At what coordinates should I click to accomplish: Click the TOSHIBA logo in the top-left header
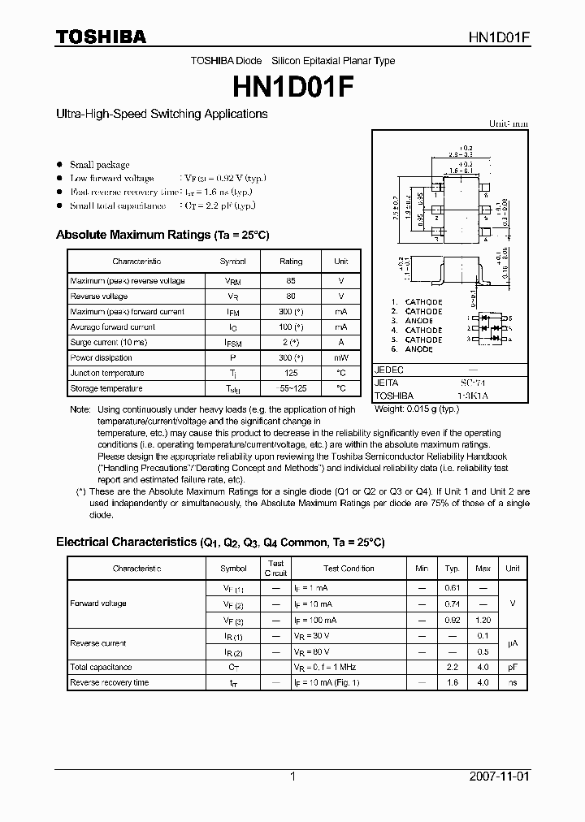tap(101, 37)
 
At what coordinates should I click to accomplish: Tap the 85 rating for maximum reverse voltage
tap(290, 281)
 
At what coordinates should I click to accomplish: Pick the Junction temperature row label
tap(107, 374)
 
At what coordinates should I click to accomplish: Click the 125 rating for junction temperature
tap(290, 374)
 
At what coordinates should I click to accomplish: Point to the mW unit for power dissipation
tap(341, 358)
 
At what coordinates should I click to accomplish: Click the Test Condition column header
tap(349, 569)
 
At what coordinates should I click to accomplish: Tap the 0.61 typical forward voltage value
tap(453, 588)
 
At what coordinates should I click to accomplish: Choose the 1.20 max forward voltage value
tap(483, 619)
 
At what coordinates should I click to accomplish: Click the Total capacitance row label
tap(101, 667)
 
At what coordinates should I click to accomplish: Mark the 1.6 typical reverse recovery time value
tap(453, 682)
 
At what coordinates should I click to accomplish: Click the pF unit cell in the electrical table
tap(512, 667)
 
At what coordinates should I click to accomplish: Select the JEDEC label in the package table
tap(388, 370)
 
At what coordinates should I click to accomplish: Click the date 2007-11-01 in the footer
tap(500, 777)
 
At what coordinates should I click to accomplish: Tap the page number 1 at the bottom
tap(292, 777)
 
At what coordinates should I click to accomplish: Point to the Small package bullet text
tap(99, 165)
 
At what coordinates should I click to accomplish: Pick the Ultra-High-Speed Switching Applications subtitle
tap(162, 115)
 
